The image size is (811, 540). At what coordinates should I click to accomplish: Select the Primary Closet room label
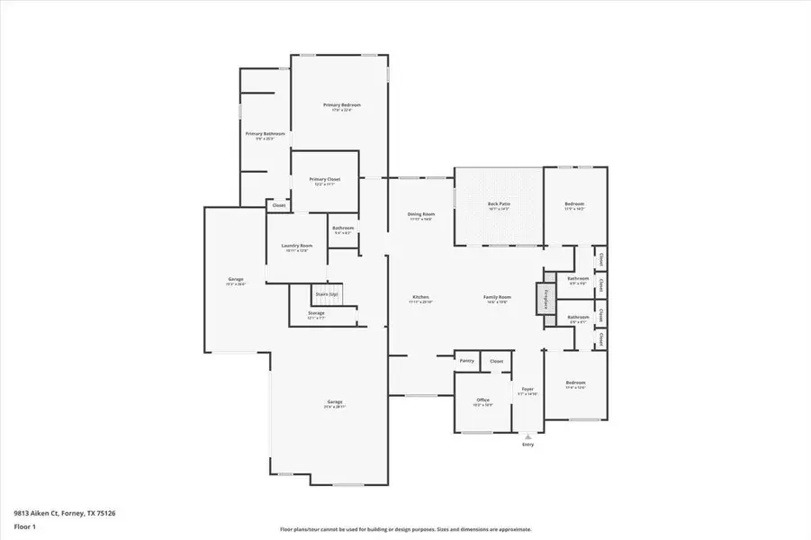(324, 179)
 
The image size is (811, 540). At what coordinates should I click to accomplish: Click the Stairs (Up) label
(326, 294)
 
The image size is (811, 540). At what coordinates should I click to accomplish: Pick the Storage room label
(316, 313)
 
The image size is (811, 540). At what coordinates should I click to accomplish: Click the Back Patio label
(499, 204)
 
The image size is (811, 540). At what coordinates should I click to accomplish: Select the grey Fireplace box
(545, 299)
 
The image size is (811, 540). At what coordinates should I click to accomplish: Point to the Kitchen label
(420, 297)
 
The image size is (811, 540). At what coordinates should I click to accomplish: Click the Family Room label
(498, 297)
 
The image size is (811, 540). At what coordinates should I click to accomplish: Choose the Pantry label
(466, 361)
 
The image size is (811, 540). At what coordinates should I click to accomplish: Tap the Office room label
(483, 400)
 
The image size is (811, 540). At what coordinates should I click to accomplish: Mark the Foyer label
(528, 390)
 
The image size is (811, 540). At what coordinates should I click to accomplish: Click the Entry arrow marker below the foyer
(527, 437)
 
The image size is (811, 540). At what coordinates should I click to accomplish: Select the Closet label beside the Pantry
(496, 361)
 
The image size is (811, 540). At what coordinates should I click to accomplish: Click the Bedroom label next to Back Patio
(574, 204)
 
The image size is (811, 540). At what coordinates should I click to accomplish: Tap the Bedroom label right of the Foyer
(575, 383)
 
